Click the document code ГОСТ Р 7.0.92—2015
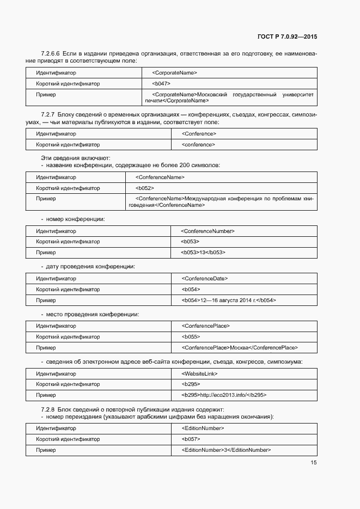(287, 37)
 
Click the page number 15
(314, 463)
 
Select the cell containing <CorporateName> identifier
(174, 73)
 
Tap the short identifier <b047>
(161, 84)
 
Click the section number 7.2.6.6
(51, 53)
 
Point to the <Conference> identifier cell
(199, 134)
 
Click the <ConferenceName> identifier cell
(160, 177)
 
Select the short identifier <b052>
(144, 188)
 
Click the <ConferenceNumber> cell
(208, 231)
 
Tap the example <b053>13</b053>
(203, 253)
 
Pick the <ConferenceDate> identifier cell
(204, 279)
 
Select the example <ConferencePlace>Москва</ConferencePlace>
(240, 348)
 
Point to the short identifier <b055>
(191, 337)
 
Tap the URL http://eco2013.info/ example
(223, 395)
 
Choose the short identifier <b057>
(191, 439)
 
